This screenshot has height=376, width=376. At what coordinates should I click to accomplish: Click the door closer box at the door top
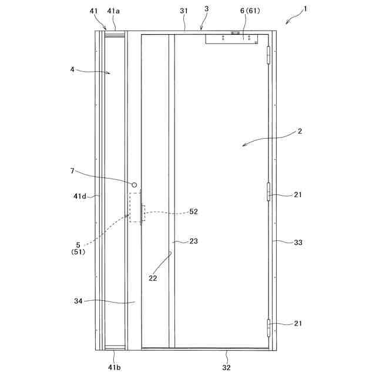(x=232, y=39)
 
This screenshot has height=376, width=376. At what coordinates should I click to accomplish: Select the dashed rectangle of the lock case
(x=136, y=207)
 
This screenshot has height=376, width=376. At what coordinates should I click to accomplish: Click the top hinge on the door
(x=270, y=55)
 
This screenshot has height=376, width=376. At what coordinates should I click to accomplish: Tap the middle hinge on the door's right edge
(x=269, y=192)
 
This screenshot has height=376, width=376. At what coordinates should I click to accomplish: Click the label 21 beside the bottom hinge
(x=298, y=324)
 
